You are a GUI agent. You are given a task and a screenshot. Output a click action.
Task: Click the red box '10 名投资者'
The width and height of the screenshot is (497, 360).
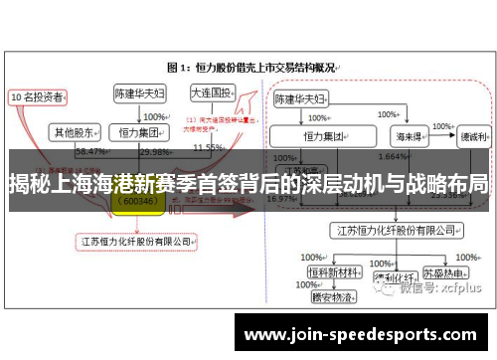[x=37, y=97]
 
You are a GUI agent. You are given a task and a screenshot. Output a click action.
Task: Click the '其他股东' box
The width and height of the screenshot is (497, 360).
[x=76, y=130]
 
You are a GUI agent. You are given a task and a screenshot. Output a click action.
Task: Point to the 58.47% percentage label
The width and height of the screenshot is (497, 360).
[x=90, y=151]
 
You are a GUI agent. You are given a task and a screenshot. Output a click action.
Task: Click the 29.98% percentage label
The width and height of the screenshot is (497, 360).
[x=155, y=151]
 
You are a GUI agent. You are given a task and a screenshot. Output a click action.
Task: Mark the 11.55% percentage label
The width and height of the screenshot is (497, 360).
[x=208, y=147]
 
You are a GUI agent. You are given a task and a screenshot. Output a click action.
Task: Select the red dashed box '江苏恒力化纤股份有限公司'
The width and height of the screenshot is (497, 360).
[x=137, y=240]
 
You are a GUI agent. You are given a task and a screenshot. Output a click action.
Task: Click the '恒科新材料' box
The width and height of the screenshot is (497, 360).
[x=331, y=270]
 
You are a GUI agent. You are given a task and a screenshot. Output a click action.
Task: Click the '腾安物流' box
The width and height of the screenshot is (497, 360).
[x=331, y=296]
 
